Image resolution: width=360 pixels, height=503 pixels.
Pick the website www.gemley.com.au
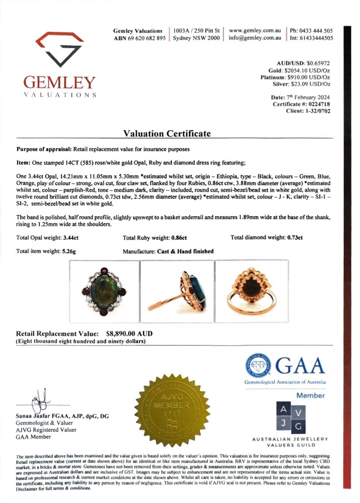(x=255, y=31)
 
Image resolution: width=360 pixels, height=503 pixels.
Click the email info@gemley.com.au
(x=255, y=38)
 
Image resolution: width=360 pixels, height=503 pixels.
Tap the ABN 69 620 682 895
(x=140, y=38)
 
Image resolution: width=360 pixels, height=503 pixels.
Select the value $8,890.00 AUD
(x=129, y=334)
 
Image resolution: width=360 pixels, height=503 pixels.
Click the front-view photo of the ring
(x=106, y=292)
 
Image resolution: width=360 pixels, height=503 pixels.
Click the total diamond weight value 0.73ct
(x=294, y=237)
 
